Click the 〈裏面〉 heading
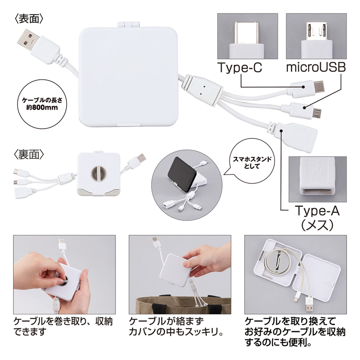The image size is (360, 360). pos(29,154)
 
